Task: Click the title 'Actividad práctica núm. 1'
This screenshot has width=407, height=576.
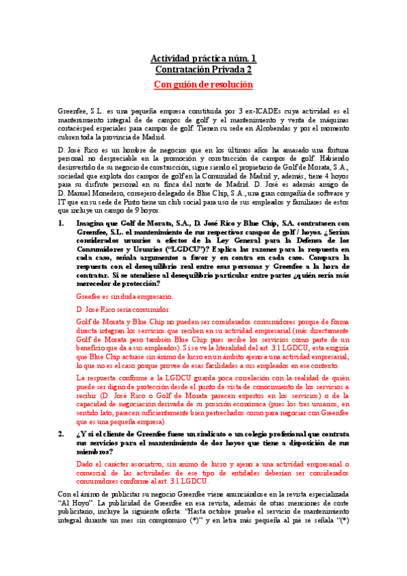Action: [203, 58]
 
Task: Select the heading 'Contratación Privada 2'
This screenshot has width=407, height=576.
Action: [203, 69]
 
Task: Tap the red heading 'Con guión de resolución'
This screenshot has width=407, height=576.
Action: [203, 84]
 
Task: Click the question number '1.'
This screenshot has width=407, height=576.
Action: [60, 222]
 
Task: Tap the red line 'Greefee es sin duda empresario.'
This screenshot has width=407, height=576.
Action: [124, 297]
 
